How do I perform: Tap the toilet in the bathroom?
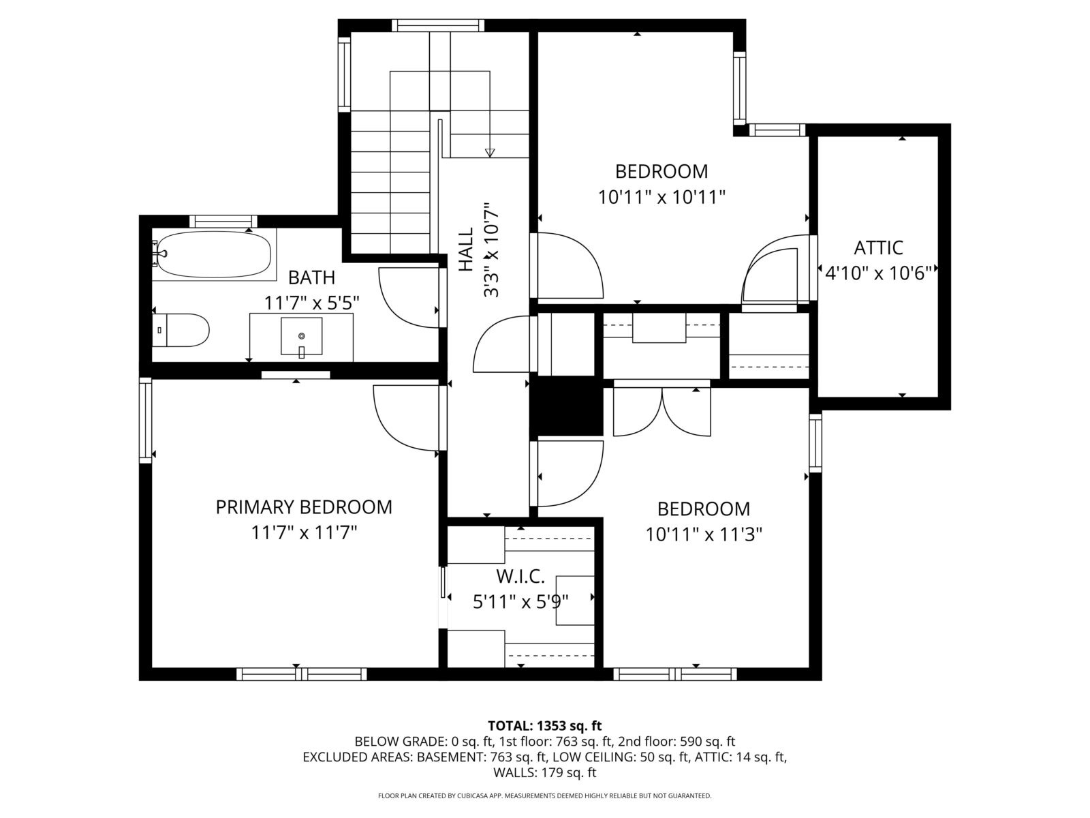(181, 330)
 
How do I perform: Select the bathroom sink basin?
(301, 336)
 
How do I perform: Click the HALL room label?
(465, 249)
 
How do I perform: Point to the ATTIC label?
(878, 247)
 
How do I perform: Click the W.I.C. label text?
(520, 577)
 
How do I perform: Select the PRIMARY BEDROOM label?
(304, 507)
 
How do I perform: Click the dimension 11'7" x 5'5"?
(311, 303)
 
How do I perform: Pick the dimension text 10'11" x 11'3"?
(704, 535)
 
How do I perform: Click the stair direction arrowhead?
(490, 153)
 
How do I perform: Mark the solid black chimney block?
(566, 406)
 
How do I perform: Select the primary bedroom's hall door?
(405, 418)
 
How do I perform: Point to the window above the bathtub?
(223, 221)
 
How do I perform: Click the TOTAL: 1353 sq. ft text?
(545, 725)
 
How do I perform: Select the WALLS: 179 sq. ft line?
(545, 772)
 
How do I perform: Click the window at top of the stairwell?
(438, 25)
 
